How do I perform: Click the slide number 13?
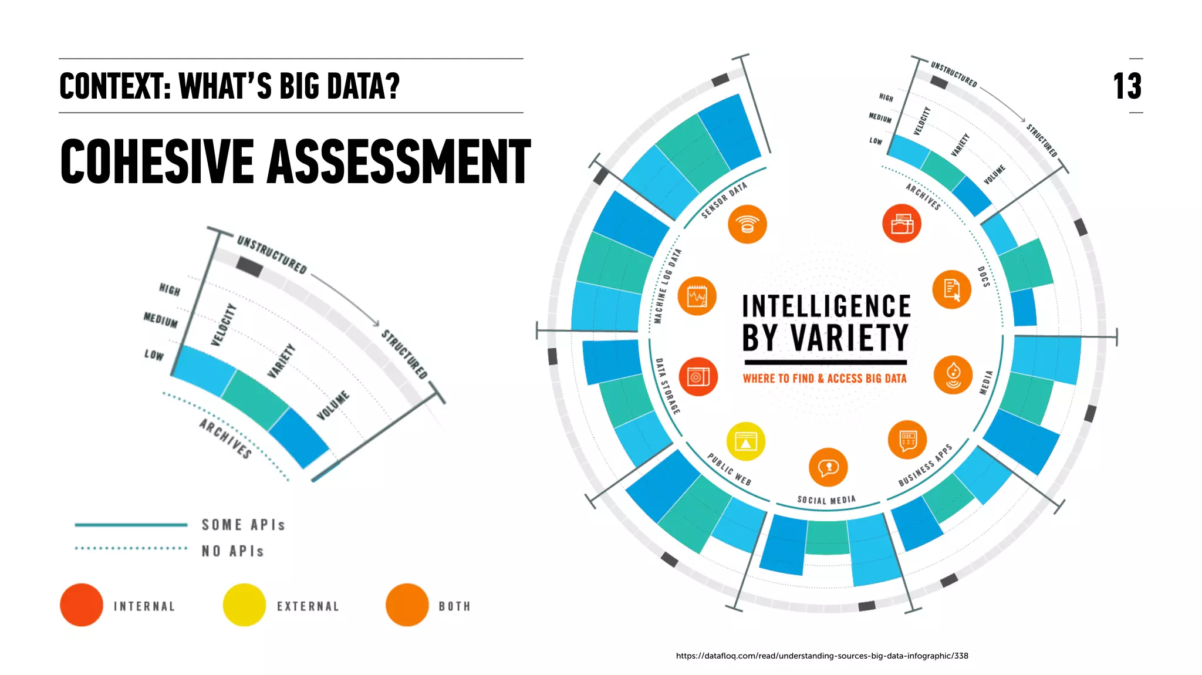click(x=1127, y=86)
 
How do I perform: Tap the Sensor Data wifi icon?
click(x=747, y=224)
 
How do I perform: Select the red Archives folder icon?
click(x=902, y=224)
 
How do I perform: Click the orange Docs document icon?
click(x=951, y=289)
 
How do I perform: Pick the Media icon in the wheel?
click(x=953, y=374)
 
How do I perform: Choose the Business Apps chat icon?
click(x=907, y=440)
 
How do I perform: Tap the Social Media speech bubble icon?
click(x=828, y=467)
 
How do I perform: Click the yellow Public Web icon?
click(x=745, y=441)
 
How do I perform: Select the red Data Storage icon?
click(x=698, y=376)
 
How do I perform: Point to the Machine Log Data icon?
click(x=697, y=296)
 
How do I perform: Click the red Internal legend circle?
click(x=82, y=605)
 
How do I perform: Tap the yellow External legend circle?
click(x=244, y=605)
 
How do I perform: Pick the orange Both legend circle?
click(x=407, y=605)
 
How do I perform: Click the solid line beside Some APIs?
click(x=131, y=525)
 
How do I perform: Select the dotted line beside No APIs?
click(x=131, y=548)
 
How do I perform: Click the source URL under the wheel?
click(x=822, y=656)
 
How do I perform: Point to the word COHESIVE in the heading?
click(x=157, y=161)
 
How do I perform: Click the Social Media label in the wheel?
click(x=826, y=500)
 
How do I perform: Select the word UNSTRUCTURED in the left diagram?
click(x=272, y=255)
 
